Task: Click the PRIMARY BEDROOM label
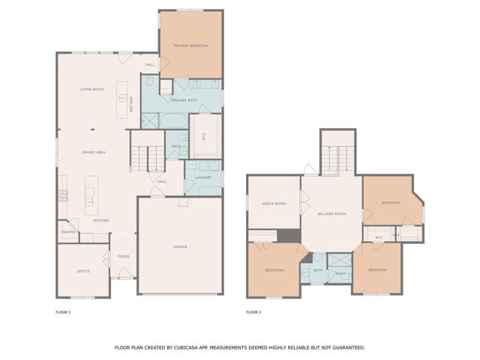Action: point(190,46)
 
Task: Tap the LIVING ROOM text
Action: point(91,89)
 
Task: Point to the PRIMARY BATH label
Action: point(184,100)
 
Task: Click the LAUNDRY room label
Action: point(203,177)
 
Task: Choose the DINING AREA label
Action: point(94,152)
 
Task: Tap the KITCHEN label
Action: point(101,220)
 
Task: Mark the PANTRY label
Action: point(67,232)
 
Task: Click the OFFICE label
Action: point(83,271)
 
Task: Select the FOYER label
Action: point(123,256)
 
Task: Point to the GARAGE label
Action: point(180,247)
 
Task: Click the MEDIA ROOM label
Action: point(274,203)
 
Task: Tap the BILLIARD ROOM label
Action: point(330,214)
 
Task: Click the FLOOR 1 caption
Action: point(63,311)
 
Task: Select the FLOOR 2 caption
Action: point(253,311)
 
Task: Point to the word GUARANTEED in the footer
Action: point(345,347)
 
